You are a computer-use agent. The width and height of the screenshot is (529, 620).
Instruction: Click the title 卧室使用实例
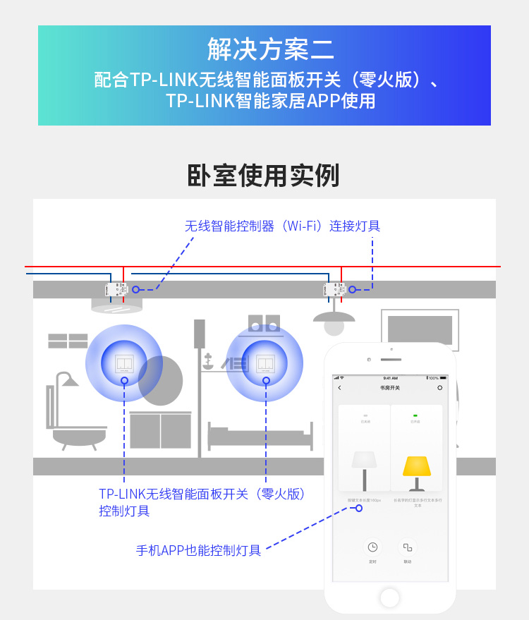263,176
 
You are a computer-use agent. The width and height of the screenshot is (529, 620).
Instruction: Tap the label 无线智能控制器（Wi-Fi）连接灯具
282,226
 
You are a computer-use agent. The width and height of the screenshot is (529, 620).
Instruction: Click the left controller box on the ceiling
116,289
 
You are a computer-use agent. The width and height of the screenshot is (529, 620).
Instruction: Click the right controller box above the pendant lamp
334,289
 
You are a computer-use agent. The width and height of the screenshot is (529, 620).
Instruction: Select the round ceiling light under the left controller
116,305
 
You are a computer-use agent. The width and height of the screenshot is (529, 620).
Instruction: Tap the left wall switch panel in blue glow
124,363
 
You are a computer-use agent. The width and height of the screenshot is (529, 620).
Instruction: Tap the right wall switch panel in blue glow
265,363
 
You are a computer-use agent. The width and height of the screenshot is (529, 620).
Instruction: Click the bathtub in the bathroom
78,433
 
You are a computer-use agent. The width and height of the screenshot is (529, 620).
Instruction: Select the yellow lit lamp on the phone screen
416,468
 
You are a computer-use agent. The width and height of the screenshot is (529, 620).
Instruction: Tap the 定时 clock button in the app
372,547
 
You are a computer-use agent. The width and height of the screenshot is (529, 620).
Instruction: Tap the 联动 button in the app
407,547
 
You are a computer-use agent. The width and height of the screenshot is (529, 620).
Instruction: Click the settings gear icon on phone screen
440,388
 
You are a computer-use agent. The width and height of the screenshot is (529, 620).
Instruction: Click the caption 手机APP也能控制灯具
198,550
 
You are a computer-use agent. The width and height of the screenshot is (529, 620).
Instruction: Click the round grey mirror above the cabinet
161,381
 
